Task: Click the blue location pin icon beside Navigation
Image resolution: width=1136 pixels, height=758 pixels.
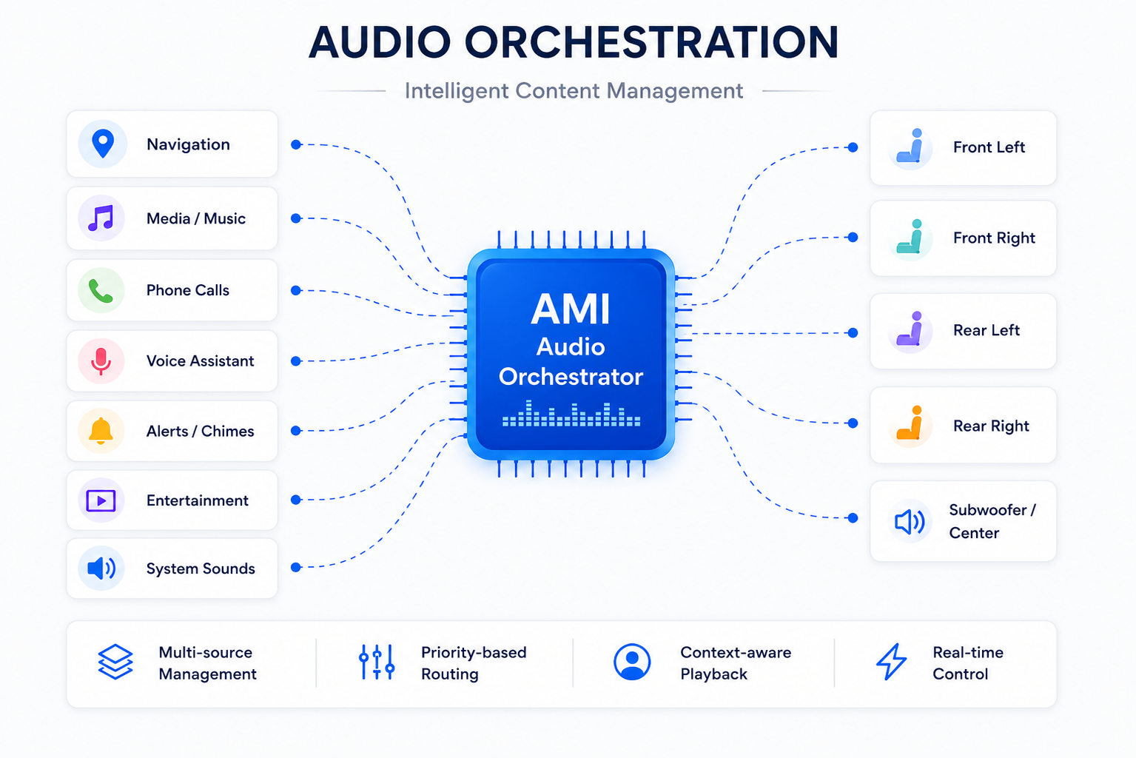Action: (x=102, y=144)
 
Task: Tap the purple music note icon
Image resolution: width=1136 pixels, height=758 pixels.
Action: (x=101, y=218)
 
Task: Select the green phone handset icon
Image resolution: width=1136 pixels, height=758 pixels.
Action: (x=101, y=291)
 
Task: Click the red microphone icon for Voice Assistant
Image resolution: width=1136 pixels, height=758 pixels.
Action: (x=101, y=361)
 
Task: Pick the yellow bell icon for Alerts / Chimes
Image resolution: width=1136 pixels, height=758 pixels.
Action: (x=101, y=431)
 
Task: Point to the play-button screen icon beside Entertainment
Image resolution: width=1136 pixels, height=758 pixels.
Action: (x=101, y=500)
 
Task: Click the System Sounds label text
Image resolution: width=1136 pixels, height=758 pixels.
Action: (x=201, y=568)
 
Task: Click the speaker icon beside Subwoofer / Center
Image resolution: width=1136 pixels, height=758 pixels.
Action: (x=910, y=521)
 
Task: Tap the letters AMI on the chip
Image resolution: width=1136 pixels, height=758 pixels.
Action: (x=571, y=309)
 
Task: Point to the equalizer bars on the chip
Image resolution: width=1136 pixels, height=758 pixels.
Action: (x=571, y=414)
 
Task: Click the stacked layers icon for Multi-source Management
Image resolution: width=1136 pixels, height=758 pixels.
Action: (x=115, y=662)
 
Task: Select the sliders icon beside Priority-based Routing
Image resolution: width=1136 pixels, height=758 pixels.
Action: (x=377, y=662)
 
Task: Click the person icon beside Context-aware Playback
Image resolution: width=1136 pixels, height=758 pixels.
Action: (x=632, y=662)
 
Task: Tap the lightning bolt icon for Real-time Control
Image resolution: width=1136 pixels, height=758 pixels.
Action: (x=891, y=662)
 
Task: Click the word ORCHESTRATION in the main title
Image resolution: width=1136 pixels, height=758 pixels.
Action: (x=652, y=42)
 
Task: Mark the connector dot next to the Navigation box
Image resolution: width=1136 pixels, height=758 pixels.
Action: (x=296, y=144)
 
